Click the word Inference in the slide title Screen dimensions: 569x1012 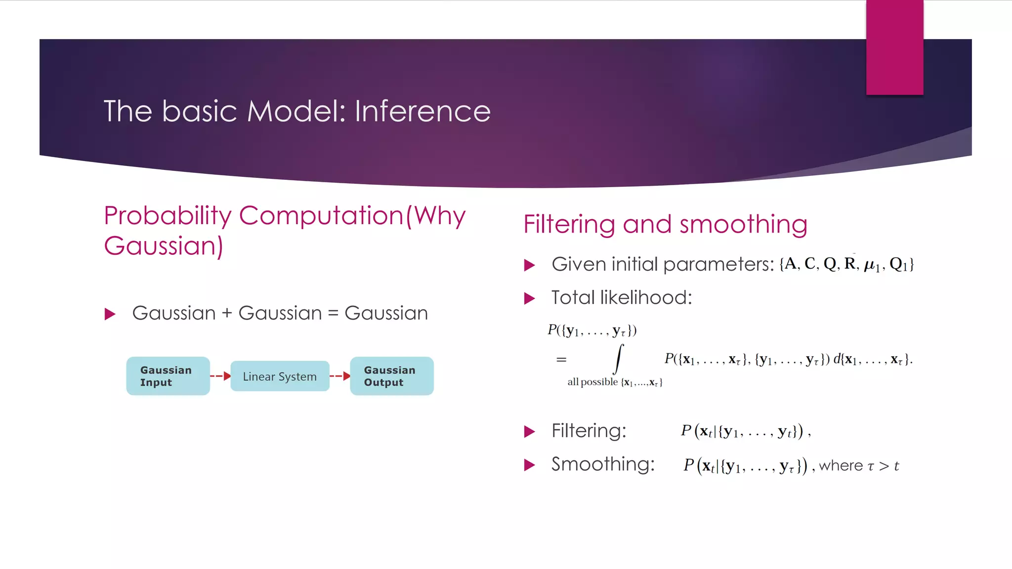tap(422, 111)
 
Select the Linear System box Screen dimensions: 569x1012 tap(280, 376)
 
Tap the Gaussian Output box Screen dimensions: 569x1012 tap(391, 376)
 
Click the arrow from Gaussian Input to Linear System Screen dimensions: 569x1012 tap(220, 376)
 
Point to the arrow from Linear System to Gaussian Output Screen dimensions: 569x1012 tap(340, 376)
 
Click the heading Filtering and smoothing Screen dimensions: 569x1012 tap(665, 224)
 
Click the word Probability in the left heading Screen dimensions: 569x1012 tap(168, 216)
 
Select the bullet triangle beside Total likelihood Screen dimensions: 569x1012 tap(529, 298)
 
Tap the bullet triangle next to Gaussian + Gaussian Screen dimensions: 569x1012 tap(110, 314)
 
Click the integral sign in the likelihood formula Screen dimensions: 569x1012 tap(618, 359)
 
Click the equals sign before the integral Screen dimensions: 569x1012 tap(561, 360)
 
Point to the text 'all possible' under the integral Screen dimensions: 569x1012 tap(592, 382)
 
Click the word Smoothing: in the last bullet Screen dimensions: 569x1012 tap(603, 464)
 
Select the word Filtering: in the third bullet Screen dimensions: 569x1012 tap(589, 431)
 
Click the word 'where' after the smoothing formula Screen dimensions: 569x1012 tap(841, 466)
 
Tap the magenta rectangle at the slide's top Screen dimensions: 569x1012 tap(894, 47)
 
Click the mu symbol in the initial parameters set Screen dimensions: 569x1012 tap(869, 265)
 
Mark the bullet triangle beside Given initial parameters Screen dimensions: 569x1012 tap(529, 265)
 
